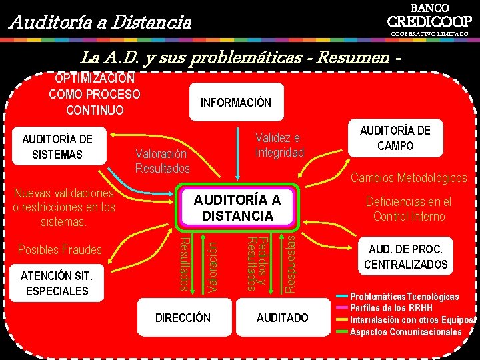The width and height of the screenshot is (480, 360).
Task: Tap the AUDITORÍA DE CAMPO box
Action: (x=395, y=138)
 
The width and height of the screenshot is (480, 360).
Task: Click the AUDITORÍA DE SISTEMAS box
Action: (x=57, y=147)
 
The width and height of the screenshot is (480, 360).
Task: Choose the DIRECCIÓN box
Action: (x=183, y=318)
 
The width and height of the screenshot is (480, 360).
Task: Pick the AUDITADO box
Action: (x=283, y=318)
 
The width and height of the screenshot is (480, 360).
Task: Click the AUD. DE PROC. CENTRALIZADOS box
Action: (x=405, y=257)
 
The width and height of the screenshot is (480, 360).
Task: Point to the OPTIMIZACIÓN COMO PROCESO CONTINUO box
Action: (x=95, y=95)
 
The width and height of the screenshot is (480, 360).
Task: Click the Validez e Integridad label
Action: (x=279, y=145)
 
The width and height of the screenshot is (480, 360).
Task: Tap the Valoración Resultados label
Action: (x=163, y=161)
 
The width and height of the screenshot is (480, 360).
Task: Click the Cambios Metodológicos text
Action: (x=409, y=178)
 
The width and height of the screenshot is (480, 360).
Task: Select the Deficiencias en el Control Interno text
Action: (x=409, y=209)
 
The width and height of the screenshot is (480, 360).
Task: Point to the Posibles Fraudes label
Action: (x=60, y=250)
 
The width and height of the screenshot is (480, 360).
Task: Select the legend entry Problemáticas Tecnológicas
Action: (x=404, y=296)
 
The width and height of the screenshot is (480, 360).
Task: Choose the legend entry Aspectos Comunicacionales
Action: (x=405, y=332)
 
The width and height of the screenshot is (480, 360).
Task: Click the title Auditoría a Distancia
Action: (x=100, y=23)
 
